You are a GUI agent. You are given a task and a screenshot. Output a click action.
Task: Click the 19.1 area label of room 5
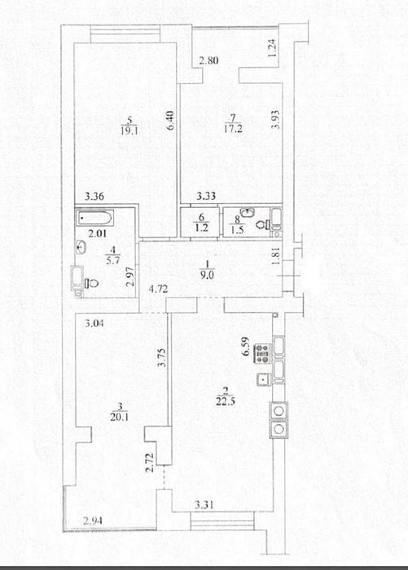129,130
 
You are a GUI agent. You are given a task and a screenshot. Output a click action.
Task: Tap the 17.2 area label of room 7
233,128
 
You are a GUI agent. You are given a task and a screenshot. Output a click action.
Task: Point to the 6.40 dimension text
173,121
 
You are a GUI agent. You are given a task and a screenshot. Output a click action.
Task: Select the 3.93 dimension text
276,120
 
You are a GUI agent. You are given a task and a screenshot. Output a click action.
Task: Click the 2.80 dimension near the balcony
208,60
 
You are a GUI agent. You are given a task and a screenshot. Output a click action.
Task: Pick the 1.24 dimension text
273,47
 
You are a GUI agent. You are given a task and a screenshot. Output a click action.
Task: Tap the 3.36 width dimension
94,197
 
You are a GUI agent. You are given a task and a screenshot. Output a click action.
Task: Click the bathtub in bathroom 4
95,218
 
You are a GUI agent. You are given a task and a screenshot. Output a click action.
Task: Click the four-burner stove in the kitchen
262,353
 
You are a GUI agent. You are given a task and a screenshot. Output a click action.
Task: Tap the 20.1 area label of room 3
120,417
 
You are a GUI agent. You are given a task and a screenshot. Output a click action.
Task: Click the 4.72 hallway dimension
159,289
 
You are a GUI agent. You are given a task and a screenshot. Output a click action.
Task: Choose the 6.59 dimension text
247,347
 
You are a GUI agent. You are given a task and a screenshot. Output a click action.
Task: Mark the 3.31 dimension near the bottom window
204,505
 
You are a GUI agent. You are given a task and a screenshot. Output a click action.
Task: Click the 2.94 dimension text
93,521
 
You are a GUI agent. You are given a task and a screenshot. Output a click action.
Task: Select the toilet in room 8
262,224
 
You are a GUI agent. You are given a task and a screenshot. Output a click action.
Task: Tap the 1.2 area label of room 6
201,228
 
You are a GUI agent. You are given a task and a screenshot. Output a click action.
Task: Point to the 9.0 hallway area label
207,275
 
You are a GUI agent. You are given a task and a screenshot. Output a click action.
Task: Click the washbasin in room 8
248,211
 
